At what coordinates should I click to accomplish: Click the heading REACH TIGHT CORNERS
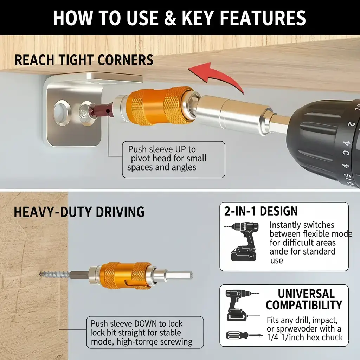tap(84, 60)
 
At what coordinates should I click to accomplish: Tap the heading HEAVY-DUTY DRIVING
tap(79, 212)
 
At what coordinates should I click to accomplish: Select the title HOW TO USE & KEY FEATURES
tap(179, 18)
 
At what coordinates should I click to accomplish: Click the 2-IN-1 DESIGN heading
tap(261, 211)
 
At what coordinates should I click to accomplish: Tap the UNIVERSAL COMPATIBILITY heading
tap(304, 299)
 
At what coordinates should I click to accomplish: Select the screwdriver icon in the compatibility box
tap(243, 335)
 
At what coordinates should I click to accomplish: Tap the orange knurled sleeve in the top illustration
tap(160, 106)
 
